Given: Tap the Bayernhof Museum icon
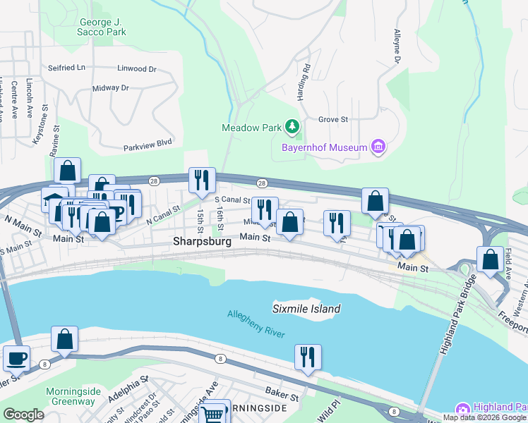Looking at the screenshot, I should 379,147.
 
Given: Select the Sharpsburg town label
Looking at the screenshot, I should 202,242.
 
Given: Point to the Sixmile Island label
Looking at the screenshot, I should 306,309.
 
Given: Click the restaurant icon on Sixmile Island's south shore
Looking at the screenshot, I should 308,357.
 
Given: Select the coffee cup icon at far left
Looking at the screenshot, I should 16,358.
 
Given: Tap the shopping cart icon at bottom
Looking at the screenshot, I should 215,412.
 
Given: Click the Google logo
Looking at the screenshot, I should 23,415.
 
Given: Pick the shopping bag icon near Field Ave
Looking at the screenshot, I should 490,259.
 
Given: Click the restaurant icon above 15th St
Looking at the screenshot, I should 201,180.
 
